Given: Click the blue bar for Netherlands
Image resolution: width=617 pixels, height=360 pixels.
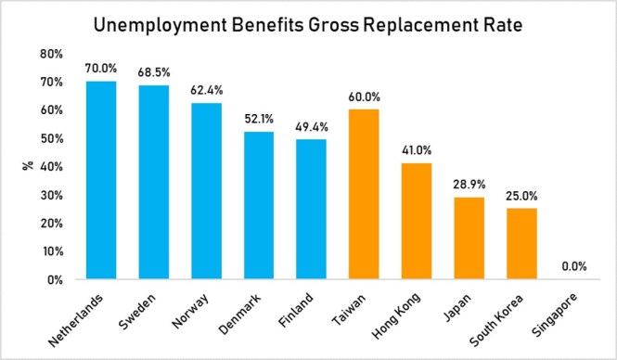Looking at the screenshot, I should coord(100,180).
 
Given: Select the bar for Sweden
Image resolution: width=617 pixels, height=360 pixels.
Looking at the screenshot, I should coord(153,182).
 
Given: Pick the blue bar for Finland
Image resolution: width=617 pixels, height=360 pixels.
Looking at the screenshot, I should coord(311,209).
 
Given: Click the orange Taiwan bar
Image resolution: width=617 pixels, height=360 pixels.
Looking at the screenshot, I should coord(364,194).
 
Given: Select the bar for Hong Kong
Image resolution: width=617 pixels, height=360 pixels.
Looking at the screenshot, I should coord(417,221).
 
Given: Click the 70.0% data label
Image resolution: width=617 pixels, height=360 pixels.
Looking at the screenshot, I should coord(100,69).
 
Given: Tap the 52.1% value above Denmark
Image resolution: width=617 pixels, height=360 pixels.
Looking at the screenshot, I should coord(259,120).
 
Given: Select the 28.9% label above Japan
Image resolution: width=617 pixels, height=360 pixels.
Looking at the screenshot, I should coord(469,186).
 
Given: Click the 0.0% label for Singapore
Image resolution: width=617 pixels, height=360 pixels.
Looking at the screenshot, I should coord(574,267).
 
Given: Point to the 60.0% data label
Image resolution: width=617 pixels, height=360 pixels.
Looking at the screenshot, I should coord(364,97).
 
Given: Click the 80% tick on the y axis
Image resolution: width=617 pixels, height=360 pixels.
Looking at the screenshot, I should coord(51,54).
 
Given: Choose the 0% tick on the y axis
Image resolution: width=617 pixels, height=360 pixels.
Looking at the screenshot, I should coord(55,279).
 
